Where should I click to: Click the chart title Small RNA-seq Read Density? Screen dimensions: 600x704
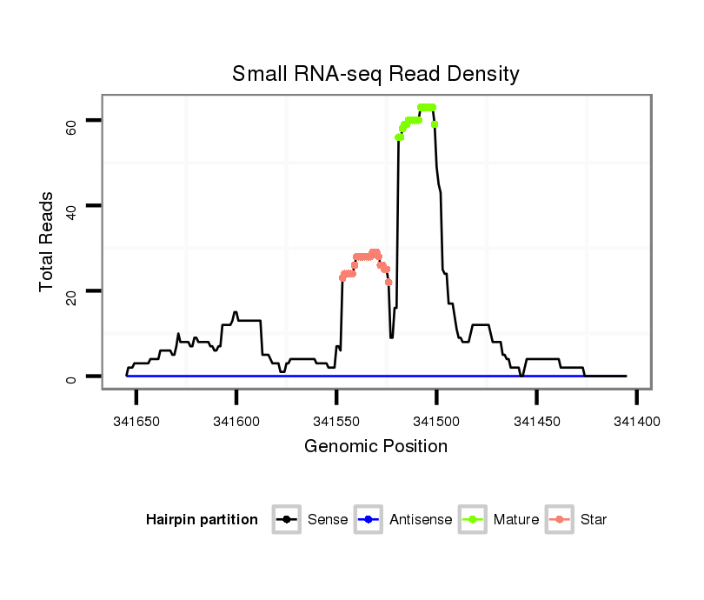(x=375, y=74)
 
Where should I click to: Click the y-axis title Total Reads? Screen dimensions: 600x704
(x=47, y=243)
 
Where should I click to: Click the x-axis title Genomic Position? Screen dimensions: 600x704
(x=375, y=447)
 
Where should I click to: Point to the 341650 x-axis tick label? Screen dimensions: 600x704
(x=136, y=421)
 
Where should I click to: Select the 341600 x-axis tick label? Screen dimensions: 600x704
(x=236, y=421)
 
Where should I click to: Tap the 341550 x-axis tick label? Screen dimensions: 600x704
(x=336, y=421)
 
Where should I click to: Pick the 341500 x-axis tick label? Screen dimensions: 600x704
(x=436, y=421)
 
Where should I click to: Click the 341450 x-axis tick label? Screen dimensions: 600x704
(x=536, y=421)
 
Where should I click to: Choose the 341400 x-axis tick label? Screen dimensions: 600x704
(x=636, y=421)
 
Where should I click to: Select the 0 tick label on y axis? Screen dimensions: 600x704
(x=70, y=377)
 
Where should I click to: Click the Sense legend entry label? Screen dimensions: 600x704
(x=328, y=520)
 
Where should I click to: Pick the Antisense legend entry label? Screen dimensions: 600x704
(x=421, y=520)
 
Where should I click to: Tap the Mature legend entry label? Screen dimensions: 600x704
(x=516, y=520)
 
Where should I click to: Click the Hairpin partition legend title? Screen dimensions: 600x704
(x=202, y=520)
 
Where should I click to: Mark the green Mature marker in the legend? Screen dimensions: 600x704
(x=474, y=520)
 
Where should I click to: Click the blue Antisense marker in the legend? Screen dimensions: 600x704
(x=369, y=520)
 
